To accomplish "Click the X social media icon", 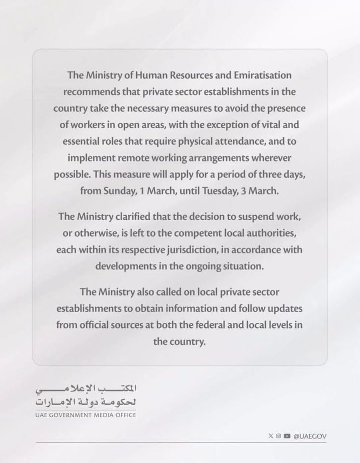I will (271, 436).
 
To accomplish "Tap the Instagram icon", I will (278, 436).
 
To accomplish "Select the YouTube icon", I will (287, 436).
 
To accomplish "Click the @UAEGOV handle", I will (310, 436).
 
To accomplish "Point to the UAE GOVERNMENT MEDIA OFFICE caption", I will (85, 415).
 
